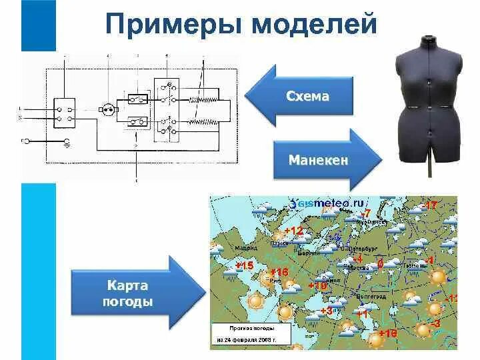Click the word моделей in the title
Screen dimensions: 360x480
pyautogui.click(x=312, y=25)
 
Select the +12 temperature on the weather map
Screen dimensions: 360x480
pyautogui.click(x=293, y=231)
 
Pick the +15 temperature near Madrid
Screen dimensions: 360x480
pyautogui.click(x=245, y=266)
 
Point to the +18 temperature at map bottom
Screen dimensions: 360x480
pyautogui.click(x=387, y=333)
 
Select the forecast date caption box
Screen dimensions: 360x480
pyautogui.click(x=251, y=335)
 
